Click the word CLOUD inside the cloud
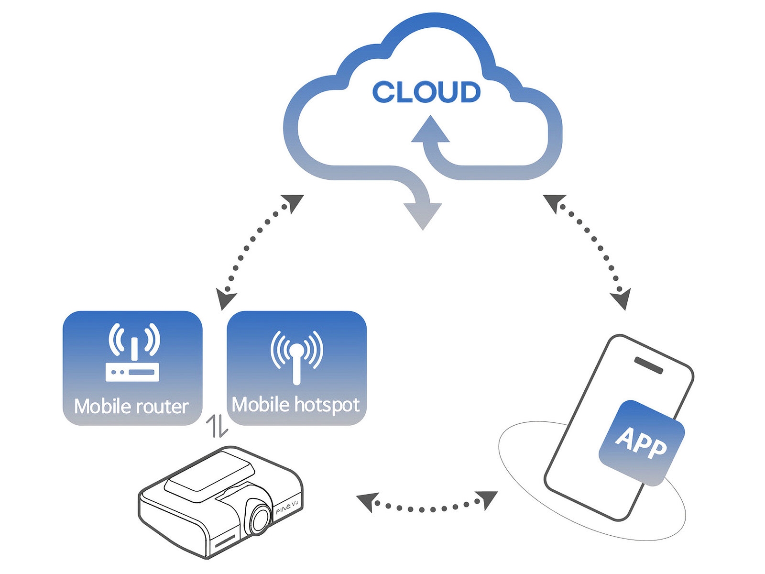tap(426, 92)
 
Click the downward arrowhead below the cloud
tap(423, 215)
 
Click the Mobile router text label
tap(131, 407)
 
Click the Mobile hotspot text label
tap(295, 405)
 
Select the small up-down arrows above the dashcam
tap(217, 426)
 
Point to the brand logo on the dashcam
tap(287, 511)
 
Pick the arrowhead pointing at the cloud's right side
tap(555, 202)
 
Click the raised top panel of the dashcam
tap(209, 474)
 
